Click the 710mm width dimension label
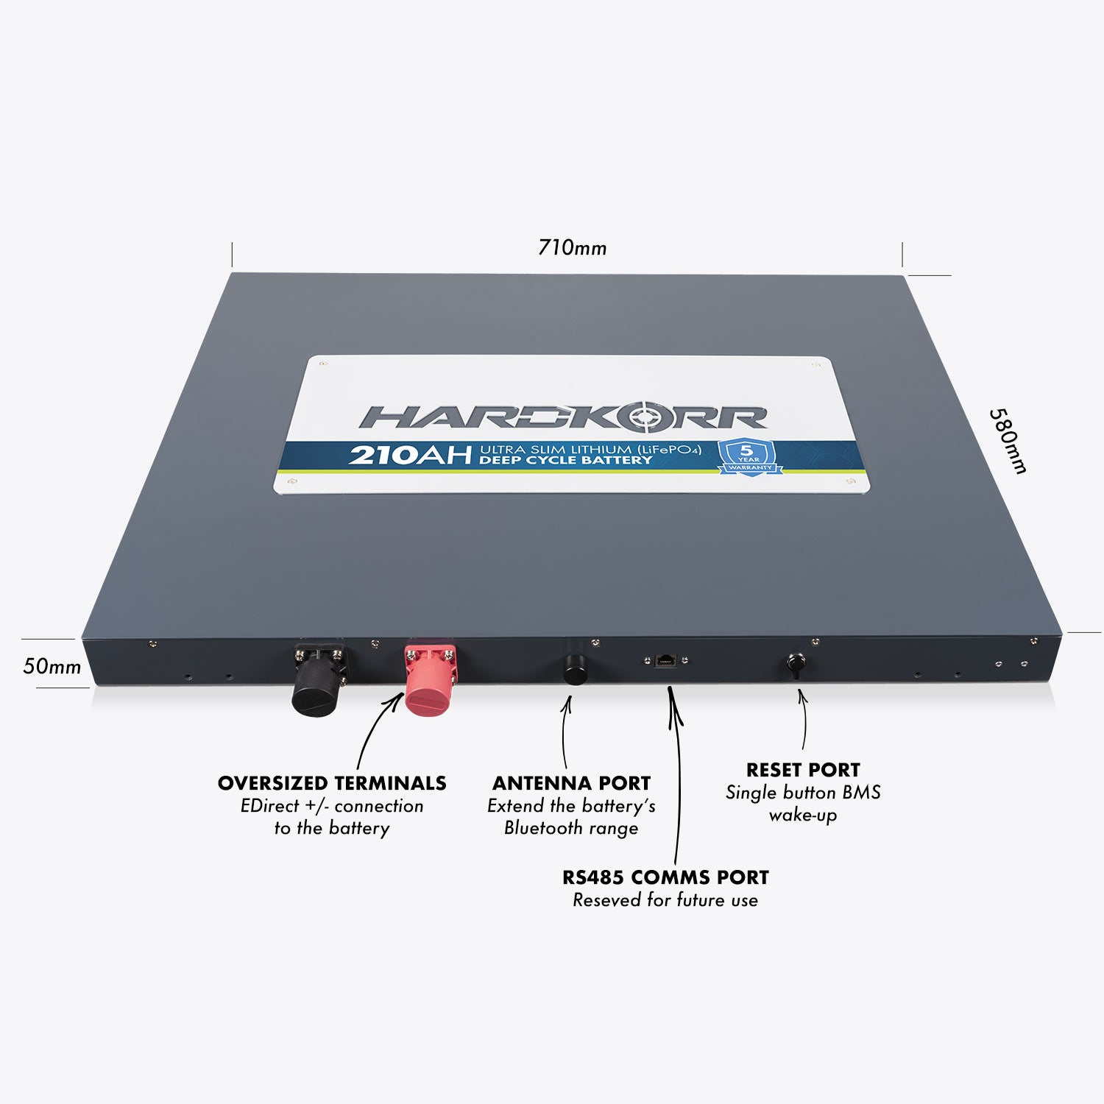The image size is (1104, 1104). (572, 247)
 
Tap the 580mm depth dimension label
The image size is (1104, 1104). (1008, 441)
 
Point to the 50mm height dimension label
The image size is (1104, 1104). (52, 666)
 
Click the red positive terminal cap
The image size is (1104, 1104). (430, 678)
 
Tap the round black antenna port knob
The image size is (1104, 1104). (575, 668)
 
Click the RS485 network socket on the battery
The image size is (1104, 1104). (665, 659)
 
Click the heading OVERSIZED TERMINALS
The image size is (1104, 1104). (332, 783)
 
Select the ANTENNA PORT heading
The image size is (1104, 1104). (571, 783)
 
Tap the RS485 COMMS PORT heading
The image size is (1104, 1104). (665, 877)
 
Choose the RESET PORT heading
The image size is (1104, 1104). (803, 770)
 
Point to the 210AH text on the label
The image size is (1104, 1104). (409, 455)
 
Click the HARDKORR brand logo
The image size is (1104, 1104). (563, 417)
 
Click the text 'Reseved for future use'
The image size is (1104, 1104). (665, 900)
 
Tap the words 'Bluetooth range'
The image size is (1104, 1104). (571, 828)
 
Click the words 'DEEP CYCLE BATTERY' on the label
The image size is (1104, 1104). (565, 460)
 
